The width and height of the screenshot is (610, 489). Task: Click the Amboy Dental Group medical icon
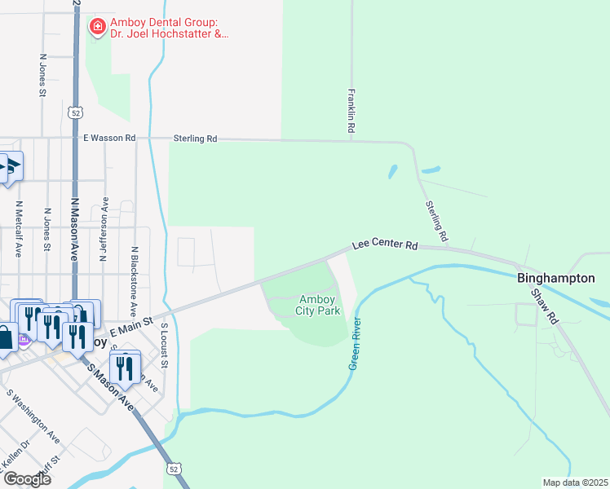(x=98, y=27)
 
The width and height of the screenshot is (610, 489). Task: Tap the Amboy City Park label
(x=317, y=306)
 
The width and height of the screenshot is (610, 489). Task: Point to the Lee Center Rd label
(x=385, y=244)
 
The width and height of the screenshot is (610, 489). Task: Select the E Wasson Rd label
(x=109, y=139)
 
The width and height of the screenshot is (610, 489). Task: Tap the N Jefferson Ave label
(x=104, y=228)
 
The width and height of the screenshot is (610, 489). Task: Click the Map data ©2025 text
(x=575, y=482)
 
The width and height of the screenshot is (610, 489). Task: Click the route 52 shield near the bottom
(x=173, y=469)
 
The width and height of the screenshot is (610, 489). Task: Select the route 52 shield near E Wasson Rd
(x=75, y=112)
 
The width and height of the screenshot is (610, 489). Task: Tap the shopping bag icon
(x=6, y=337)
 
